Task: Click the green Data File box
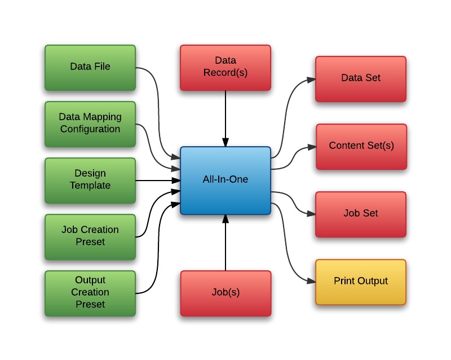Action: pyautogui.click(x=90, y=67)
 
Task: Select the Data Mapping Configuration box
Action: pyautogui.click(x=90, y=124)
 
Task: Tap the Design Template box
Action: pyautogui.click(x=90, y=180)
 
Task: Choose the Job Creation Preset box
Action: pyautogui.click(x=90, y=236)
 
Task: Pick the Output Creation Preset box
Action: pyautogui.click(x=90, y=292)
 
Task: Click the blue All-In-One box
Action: pyautogui.click(x=225, y=180)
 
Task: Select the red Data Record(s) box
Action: pyautogui.click(x=225, y=67)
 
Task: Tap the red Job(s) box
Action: pyautogui.click(x=225, y=293)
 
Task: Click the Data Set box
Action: pyautogui.click(x=361, y=78)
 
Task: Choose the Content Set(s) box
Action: pyautogui.click(x=361, y=146)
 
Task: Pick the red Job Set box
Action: pyautogui.click(x=361, y=214)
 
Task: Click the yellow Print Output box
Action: pyautogui.click(x=361, y=282)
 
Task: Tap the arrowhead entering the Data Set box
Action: pyautogui.click(x=311, y=79)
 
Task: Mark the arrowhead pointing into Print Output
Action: pyautogui.click(x=311, y=282)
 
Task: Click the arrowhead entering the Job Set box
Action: pyautogui.click(x=311, y=214)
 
